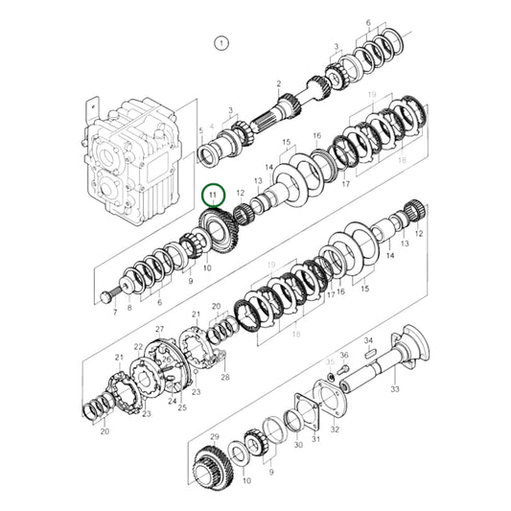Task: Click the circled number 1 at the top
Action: point(221,43)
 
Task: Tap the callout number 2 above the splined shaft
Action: point(278,84)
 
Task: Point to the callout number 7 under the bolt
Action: point(115,313)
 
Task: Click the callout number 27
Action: point(160,330)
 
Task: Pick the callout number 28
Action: point(225,377)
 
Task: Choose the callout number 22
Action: point(138,346)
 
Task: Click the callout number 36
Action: point(345,356)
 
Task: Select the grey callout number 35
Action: point(330,363)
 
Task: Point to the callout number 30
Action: point(298,444)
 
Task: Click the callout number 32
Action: point(335,430)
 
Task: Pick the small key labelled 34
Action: point(369,352)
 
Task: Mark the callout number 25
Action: point(181,407)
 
